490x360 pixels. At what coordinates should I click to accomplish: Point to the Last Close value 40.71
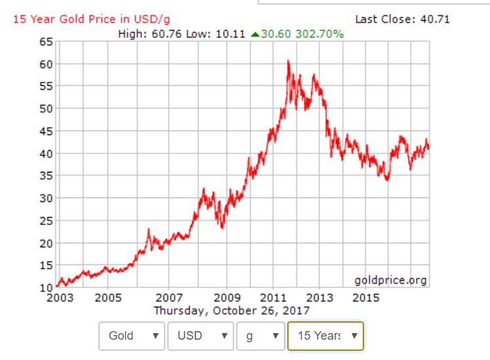coord(435,19)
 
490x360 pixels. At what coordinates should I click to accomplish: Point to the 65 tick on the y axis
coord(45,42)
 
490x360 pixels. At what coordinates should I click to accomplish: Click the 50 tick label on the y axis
coord(45,109)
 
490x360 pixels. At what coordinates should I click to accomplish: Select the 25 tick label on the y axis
coord(45,220)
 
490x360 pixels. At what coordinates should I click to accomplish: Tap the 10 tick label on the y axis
coord(45,287)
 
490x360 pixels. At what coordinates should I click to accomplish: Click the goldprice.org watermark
coord(390,281)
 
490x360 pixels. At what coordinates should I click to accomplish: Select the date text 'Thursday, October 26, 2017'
coord(232,310)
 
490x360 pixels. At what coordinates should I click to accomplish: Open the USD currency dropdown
coord(200,336)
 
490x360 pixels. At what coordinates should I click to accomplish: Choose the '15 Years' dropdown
coord(325,336)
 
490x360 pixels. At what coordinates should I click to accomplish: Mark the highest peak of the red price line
coord(288,60)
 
